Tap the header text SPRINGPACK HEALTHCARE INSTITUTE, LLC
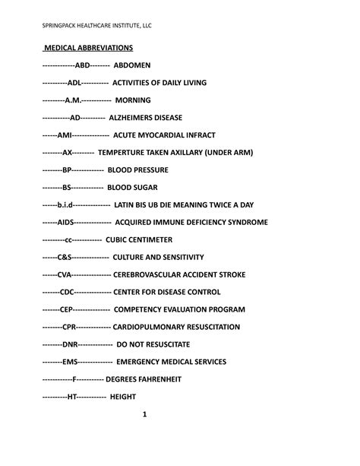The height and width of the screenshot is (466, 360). (x=96, y=26)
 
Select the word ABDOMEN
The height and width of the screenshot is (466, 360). (x=137, y=65)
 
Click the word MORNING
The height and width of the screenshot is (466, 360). (x=133, y=100)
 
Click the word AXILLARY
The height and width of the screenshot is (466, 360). (x=197, y=152)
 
